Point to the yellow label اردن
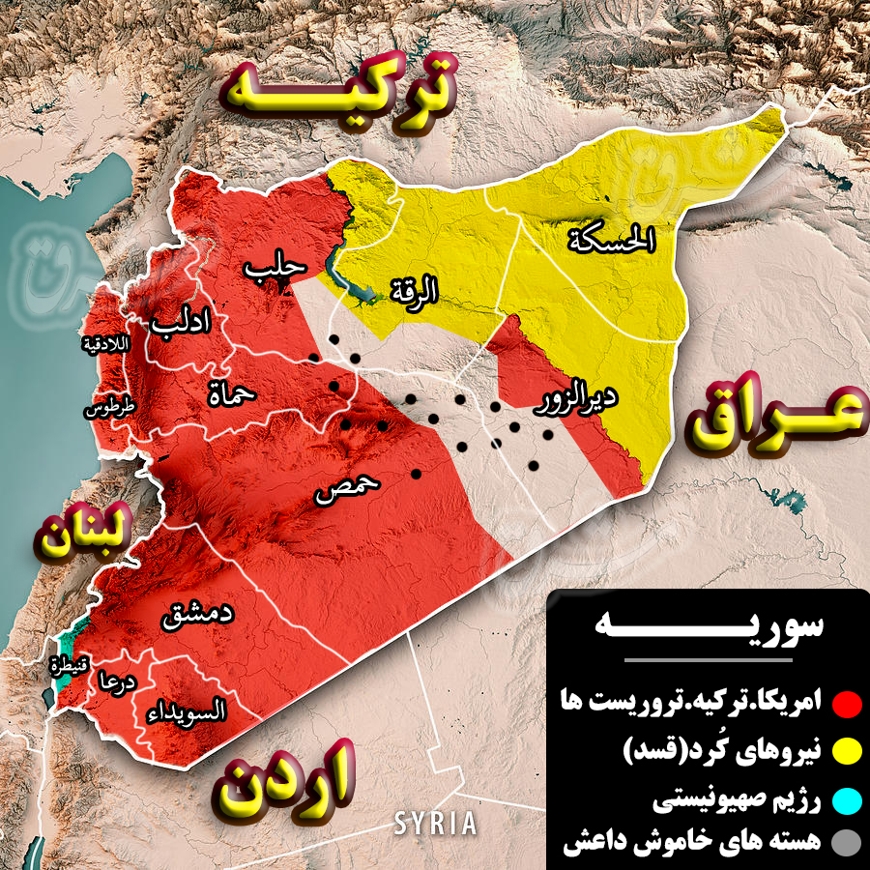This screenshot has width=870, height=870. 284,779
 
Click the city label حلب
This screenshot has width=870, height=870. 275,271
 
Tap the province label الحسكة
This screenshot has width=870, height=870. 612,238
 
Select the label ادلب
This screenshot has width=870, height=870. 180,325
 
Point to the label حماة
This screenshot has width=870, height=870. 231,391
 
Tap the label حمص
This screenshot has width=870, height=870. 347,489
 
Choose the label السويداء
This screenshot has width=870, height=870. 188,712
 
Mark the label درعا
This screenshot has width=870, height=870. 114,681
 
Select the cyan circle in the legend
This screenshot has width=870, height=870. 848,801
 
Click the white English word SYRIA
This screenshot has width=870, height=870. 435,824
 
